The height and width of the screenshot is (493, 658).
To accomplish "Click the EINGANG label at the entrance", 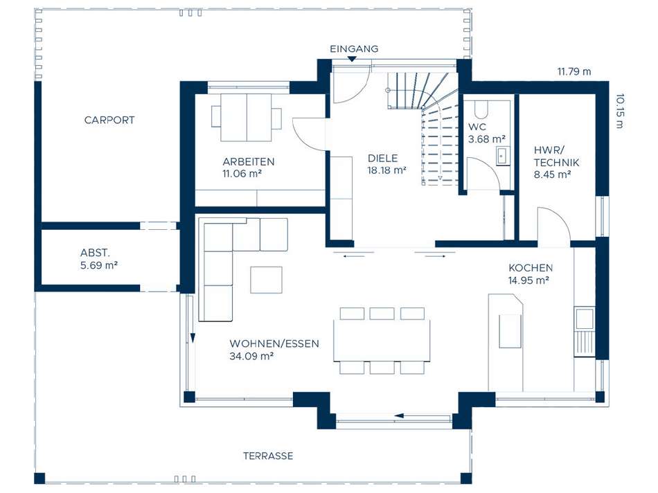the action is pyautogui.click(x=354, y=48).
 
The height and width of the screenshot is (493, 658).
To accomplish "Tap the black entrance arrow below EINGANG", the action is pyautogui.click(x=352, y=59).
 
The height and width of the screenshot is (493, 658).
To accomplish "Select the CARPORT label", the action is pyautogui.click(x=109, y=120).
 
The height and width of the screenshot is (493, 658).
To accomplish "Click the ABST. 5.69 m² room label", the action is pyautogui.click(x=98, y=259).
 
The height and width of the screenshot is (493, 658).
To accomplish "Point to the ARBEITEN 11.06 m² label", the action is pyautogui.click(x=248, y=168).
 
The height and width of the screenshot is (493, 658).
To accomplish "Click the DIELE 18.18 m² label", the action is pyautogui.click(x=386, y=164).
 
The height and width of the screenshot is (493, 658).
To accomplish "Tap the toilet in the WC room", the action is pyautogui.click(x=481, y=109).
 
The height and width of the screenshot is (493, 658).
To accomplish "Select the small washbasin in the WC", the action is pyautogui.click(x=503, y=156).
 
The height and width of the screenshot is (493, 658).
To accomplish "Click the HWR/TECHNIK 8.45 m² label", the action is pyautogui.click(x=556, y=163).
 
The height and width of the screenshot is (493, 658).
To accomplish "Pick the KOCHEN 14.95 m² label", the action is pyautogui.click(x=531, y=274).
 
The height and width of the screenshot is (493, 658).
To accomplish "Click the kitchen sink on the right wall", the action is pyautogui.click(x=584, y=319).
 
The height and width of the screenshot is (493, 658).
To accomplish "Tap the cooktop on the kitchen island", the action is pyautogui.click(x=510, y=331).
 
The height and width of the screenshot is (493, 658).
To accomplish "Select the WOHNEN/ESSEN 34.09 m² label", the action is pyautogui.click(x=274, y=350).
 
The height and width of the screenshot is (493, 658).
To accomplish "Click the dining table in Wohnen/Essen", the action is pyautogui.click(x=382, y=340).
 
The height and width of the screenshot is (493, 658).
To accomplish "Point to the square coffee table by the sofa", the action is pyautogui.click(x=267, y=280).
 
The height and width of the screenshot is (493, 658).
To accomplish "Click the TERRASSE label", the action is pyautogui.click(x=268, y=456).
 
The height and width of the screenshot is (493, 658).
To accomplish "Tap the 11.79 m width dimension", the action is pyautogui.click(x=574, y=72).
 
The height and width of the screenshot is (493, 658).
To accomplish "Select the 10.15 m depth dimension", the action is pyautogui.click(x=620, y=111).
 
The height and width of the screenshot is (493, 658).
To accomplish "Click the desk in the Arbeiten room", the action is pyautogui.click(x=247, y=118).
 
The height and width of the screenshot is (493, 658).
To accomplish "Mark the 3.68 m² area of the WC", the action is pyautogui.click(x=487, y=139).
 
